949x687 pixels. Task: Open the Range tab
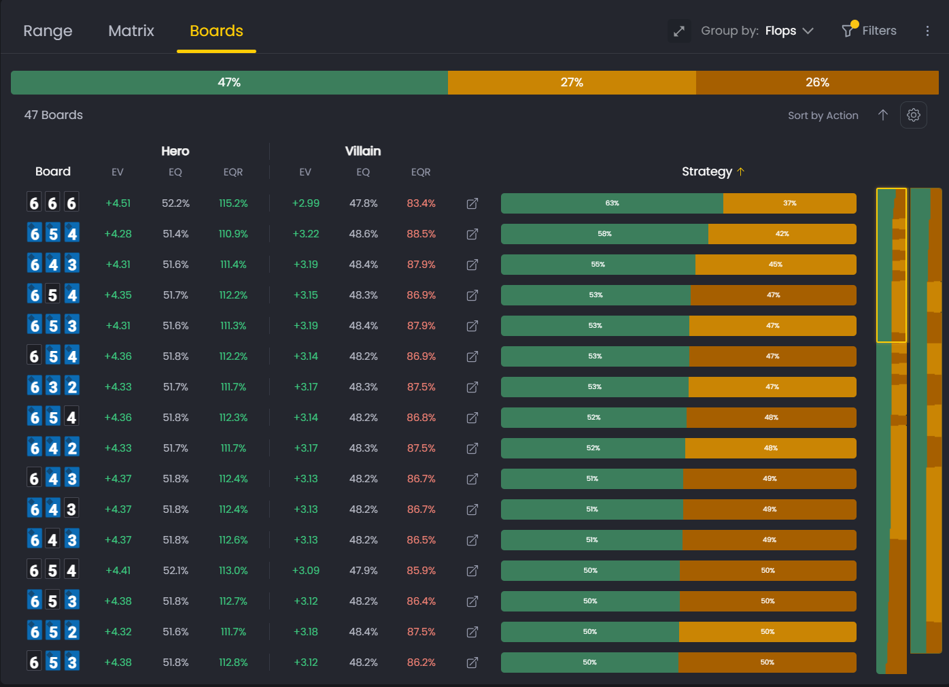click(x=48, y=31)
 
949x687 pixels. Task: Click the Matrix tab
click(x=131, y=31)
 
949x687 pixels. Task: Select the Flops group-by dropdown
click(x=789, y=31)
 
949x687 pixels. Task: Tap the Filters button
click(x=869, y=31)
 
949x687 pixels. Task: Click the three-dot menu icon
click(x=927, y=31)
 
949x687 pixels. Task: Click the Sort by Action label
click(x=823, y=116)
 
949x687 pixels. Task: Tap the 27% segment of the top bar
click(x=572, y=82)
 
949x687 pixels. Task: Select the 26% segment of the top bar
click(x=817, y=82)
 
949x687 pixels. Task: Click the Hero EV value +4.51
click(x=118, y=203)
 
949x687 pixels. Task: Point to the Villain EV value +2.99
click(x=306, y=203)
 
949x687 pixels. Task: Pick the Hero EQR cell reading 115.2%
click(x=233, y=203)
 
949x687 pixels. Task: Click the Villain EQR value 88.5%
click(x=421, y=234)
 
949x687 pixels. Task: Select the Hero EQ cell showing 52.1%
click(x=175, y=571)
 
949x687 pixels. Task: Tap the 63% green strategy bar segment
click(x=612, y=203)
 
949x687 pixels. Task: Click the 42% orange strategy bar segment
click(x=782, y=234)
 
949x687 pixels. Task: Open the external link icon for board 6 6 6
click(x=472, y=203)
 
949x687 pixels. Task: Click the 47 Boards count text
click(x=54, y=115)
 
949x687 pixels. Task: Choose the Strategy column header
click(x=707, y=171)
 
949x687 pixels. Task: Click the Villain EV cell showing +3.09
click(x=306, y=571)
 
